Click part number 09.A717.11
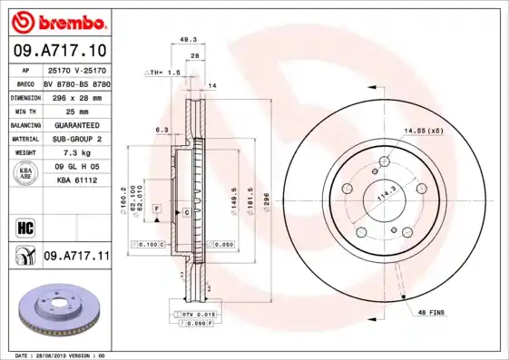(x=75, y=258)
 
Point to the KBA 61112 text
(x=75, y=181)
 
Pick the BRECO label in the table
(x=24, y=82)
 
